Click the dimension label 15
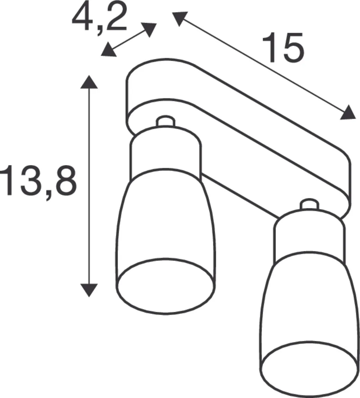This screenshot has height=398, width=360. (283, 48)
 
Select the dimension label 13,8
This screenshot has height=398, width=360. (38, 180)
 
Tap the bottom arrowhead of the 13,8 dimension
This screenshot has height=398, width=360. (89, 289)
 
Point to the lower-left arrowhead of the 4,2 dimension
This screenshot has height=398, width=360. (108, 50)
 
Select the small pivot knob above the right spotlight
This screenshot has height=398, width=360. (309, 205)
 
